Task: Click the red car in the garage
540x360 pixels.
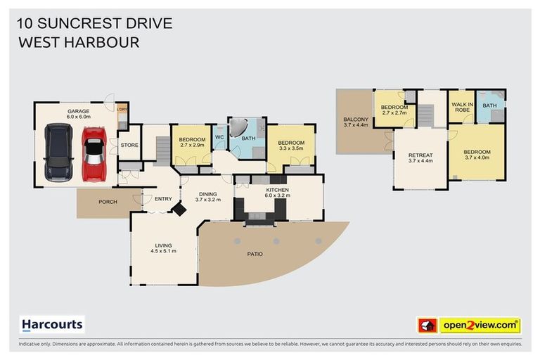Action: (x=94, y=154)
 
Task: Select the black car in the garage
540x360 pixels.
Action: (x=58, y=152)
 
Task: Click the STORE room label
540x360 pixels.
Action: (x=129, y=146)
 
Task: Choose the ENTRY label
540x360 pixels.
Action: (x=163, y=199)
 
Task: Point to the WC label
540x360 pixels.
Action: (x=219, y=138)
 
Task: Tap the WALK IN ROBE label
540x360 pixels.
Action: (x=461, y=107)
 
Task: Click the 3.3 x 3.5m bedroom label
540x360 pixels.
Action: (x=289, y=145)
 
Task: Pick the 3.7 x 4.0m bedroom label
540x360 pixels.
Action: (x=477, y=155)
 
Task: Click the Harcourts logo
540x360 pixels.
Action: (x=52, y=325)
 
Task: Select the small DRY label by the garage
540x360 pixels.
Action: (x=123, y=109)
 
